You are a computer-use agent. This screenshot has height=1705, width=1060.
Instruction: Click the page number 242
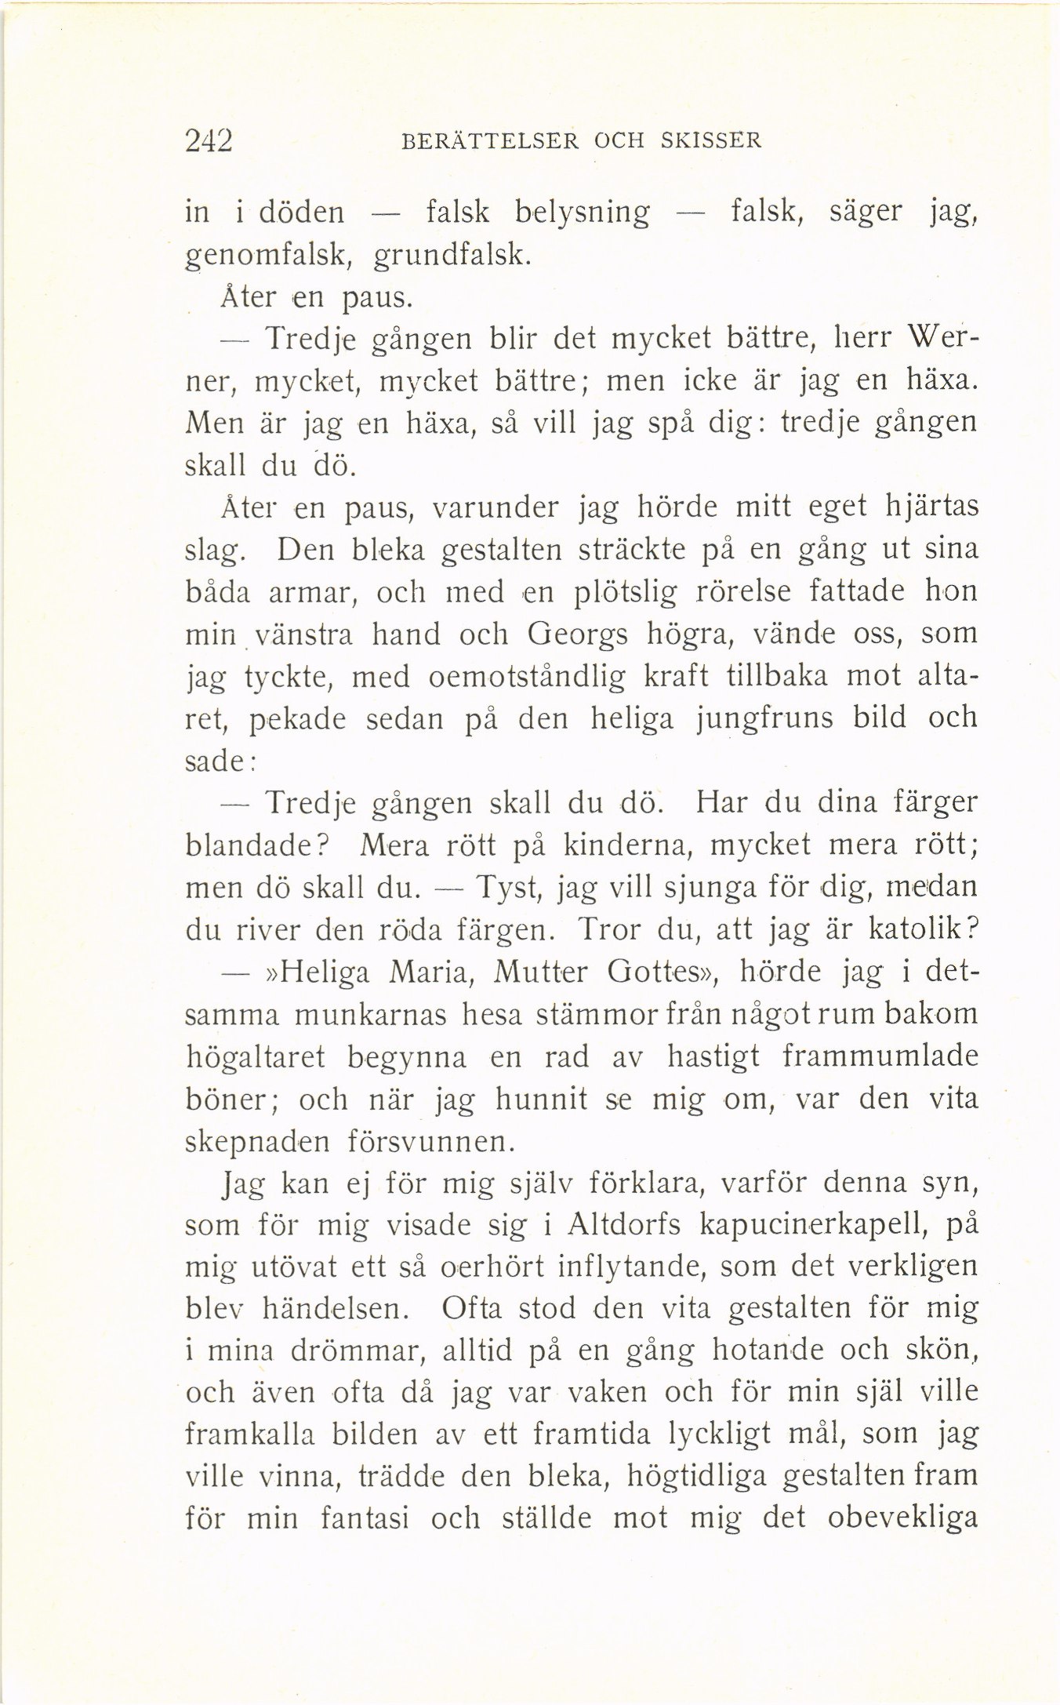(209, 141)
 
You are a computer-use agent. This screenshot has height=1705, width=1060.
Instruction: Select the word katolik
(927, 930)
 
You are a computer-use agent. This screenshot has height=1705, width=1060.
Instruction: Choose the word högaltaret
(255, 1058)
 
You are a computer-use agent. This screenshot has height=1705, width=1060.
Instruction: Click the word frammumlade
(880, 1056)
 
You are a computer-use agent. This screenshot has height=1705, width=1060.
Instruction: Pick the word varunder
(496, 507)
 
